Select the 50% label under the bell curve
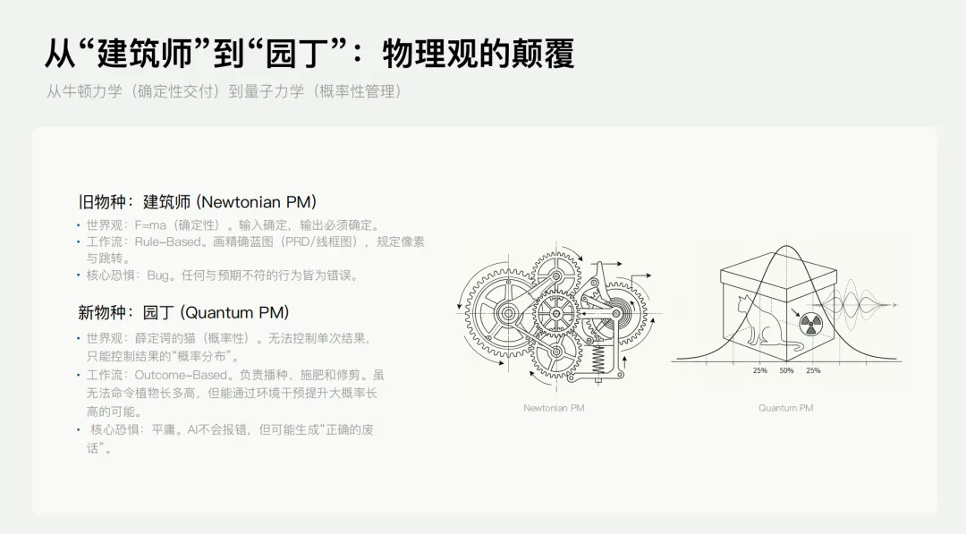[786, 370]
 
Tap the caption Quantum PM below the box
[786, 408]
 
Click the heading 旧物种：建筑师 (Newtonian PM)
[197, 202]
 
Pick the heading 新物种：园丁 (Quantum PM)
[183, 312]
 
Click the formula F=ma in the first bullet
[150, 225]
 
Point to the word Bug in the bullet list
[158, 275]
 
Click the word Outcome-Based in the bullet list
[179, 375]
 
